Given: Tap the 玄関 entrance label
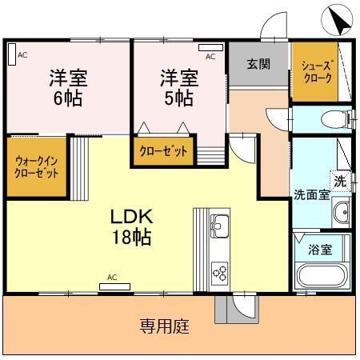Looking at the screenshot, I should (x=257, y=65).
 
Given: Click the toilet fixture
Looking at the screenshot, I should (x=334, y=120).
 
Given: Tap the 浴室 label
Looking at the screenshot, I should (x=320, y=248).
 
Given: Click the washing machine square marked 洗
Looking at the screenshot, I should (x=340, y=181).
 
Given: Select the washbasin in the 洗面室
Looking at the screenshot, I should (x=340, y=213).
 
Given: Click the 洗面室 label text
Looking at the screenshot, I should (x=310, y=194).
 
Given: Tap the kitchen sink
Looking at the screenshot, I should (x=219, y=223).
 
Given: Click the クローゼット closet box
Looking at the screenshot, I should (x=164, y=150).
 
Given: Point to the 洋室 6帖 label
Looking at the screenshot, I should (x=68, y=87).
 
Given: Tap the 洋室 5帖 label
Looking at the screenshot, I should (x=178, y=87).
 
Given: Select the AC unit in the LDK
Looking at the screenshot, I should (x=112, y=286).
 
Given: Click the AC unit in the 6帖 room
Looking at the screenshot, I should (x=11, y=54).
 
